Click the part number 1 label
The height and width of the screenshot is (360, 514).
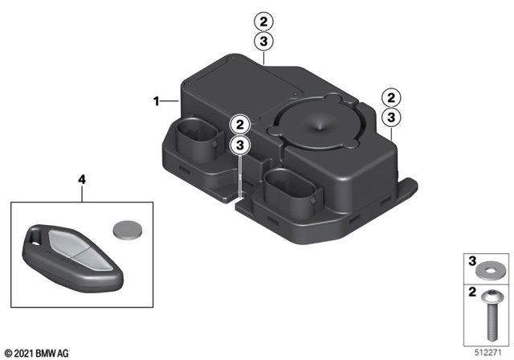click(157, 101)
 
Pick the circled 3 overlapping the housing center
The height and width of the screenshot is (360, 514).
click(239, 145)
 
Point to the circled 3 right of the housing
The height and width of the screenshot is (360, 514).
click(390, 117)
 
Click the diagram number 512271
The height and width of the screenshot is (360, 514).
click(488, 351)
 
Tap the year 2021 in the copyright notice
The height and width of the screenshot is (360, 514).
click(24, 352)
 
